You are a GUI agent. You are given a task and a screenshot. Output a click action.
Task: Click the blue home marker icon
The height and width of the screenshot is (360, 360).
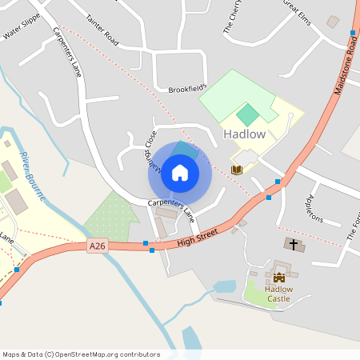pos(180,173)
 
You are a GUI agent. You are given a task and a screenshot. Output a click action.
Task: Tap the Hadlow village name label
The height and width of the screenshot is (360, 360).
pos(244,134)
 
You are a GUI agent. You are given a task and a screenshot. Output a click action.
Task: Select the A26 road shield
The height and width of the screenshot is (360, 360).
pos(98,247)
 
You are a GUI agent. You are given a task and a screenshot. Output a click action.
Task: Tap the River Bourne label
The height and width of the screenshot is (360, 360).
pos(33,175)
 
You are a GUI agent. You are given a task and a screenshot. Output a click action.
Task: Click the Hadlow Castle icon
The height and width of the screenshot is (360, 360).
pos(278,277)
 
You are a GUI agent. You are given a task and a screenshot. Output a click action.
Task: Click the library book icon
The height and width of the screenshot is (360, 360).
pos(237,170)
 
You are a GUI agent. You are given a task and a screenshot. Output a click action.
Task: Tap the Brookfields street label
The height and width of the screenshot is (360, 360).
pos(187,88)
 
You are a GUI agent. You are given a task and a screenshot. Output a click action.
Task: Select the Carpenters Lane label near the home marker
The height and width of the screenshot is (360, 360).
pos(171,209)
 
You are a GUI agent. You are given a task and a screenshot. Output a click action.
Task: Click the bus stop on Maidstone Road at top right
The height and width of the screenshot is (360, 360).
pos(352,33)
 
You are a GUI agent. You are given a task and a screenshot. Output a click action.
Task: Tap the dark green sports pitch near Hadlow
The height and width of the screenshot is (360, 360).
pos(248,114)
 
